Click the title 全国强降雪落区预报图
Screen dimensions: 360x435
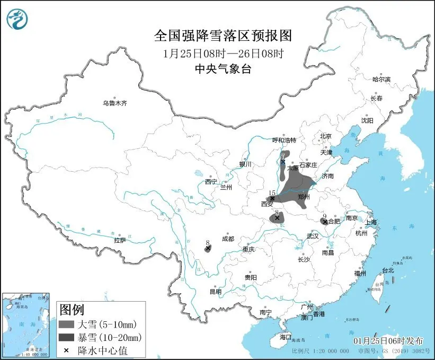223,36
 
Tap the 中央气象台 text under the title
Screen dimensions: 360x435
223,68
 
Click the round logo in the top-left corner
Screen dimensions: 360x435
17,20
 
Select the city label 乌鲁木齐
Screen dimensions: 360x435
115,103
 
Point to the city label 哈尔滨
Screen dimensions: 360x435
381,79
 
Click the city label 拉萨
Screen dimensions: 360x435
120,240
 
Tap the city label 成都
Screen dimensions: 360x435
228,239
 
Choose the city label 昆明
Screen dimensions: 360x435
215,291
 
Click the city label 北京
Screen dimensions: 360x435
325,136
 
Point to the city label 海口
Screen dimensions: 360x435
286,337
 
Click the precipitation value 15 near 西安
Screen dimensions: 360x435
272,192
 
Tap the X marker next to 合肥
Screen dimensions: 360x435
324,222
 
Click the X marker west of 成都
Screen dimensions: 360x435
208,248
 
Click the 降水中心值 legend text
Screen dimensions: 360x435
103,350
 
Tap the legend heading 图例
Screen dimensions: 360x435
71,309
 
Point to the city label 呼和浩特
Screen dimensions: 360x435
283,140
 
